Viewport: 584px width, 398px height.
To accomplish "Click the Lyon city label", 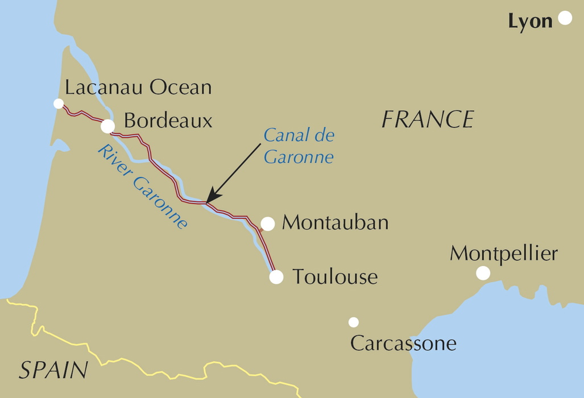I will [x=530, y=22].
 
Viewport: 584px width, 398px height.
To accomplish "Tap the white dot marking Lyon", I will [x=565, y=18].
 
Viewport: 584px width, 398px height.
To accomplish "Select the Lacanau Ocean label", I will [x=138, y=88].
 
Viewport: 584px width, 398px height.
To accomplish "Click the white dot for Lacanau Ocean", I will [x=58, y=103].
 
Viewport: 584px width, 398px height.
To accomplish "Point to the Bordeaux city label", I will [x=168, y=121].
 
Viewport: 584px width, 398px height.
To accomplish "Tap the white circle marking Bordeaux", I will [x=107, y=126].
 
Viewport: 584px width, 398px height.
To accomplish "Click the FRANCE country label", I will [x=428, y=119].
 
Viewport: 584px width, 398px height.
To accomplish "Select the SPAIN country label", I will [x=53, y=370].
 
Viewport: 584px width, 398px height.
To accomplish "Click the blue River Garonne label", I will [x=142, y=186].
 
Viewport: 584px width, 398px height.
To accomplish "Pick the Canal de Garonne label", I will [x=299, y=146].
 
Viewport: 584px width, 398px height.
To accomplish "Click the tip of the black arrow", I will [x=206, y=202].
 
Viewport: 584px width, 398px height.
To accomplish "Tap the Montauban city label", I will [x=335, y=222].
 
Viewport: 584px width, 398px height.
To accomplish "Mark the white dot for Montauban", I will [x=268, y=224].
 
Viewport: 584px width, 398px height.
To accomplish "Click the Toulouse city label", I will [x=335, y=277].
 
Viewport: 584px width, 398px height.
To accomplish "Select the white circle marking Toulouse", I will [x=276, y=277].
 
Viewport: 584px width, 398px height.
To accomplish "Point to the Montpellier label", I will [x=503, y=254].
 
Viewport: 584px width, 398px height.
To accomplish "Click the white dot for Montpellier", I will [x=483, y=273].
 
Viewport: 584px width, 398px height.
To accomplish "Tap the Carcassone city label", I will [x=403, y=343].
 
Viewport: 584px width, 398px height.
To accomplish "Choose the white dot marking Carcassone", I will [x=354, y=322].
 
